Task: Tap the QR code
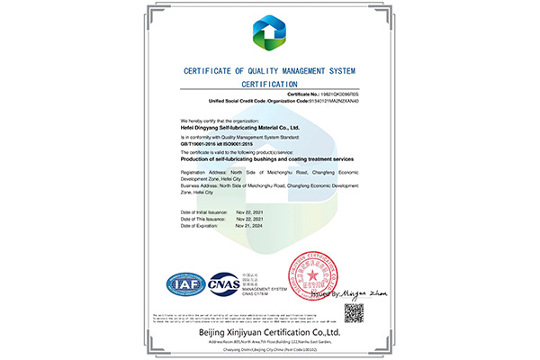tap(355, 313)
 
